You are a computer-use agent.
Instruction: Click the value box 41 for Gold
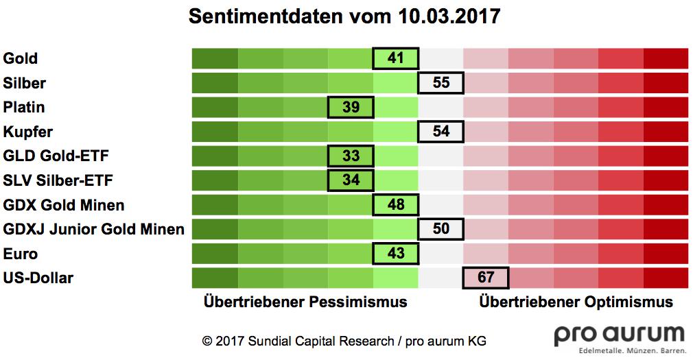tap(395, 58)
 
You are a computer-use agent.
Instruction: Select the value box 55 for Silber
tap(441, 83)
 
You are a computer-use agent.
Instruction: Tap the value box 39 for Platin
tap(351, 107)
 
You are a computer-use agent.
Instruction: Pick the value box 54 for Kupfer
tap(441, 131)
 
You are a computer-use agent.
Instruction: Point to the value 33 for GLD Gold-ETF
tap(351, 156)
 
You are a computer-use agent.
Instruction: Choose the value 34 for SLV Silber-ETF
tap(351, 180)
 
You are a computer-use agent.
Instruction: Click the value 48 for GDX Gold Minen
tap(395, 204)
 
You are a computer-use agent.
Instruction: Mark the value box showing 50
tap(441, 228)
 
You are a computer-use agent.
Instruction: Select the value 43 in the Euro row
tap(395, 253)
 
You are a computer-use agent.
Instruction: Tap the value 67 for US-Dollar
tap(486, 278)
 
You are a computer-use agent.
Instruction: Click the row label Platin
tap(24, 107)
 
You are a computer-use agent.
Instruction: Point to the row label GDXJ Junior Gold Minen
tap(93, 229)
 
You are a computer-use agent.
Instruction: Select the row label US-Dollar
tap(38, 278)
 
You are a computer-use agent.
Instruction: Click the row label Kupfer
tap(27, 131)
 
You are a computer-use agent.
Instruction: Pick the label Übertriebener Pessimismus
tap(305, 302)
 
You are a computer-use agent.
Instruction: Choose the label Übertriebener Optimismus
tap(576, 302)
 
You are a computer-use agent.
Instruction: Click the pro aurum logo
tap(619, 338)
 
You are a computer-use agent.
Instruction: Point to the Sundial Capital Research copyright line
tap(344, 341)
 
